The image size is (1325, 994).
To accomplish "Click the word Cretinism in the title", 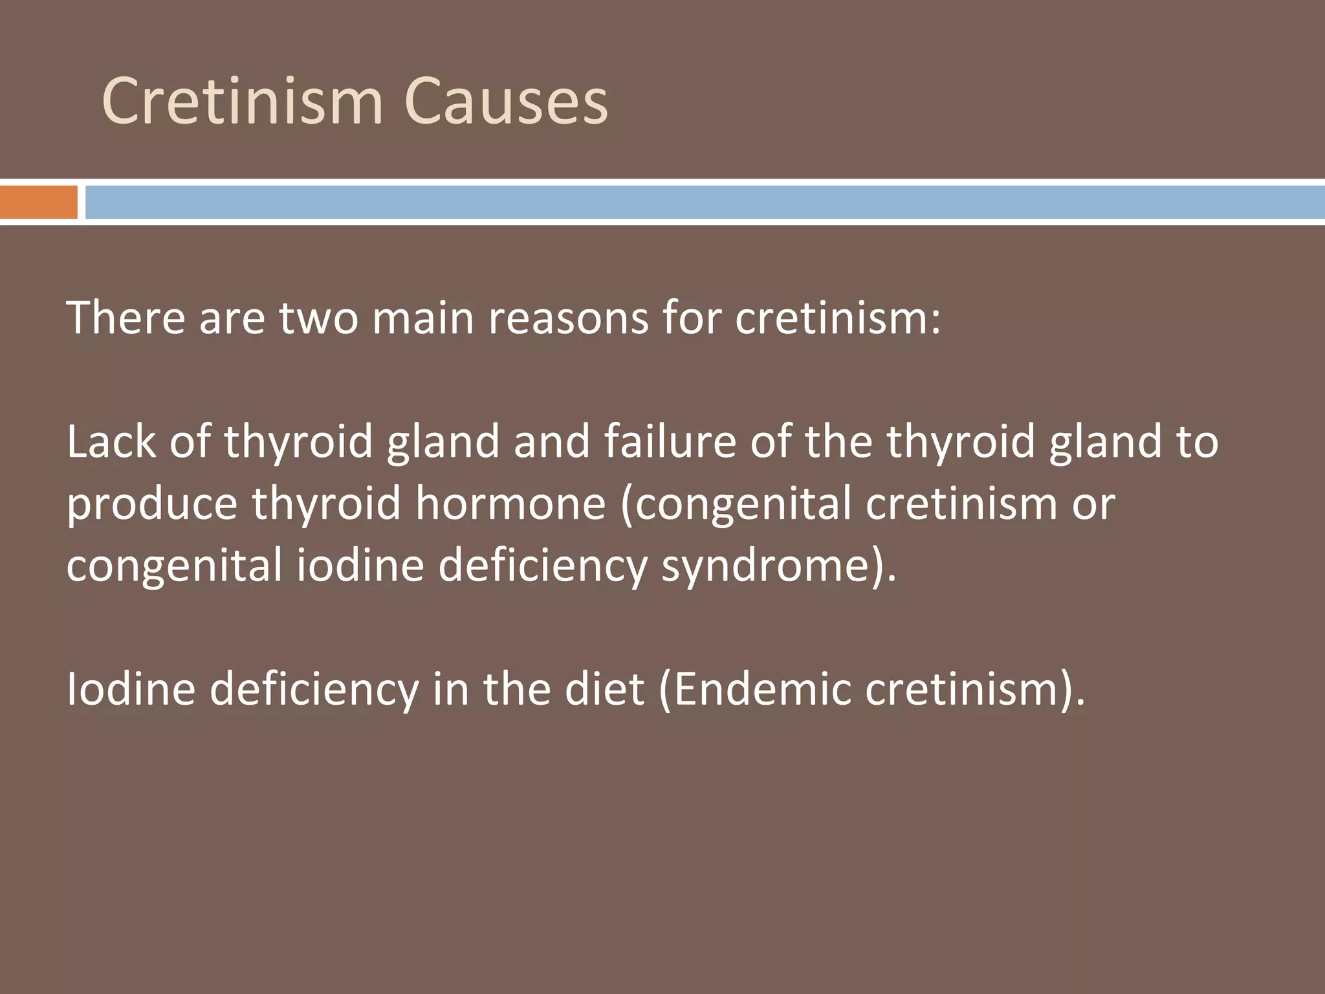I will point(243,102).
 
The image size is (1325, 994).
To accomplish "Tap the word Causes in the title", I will point(505,102).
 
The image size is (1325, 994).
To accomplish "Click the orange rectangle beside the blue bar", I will point(38,202).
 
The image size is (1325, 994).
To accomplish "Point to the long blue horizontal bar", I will point(705,202).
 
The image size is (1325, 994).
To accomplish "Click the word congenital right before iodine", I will point(174,564).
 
